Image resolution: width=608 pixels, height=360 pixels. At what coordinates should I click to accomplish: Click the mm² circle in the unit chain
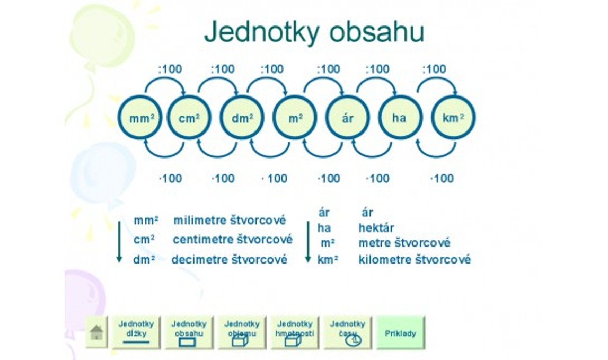pyautogui.click(x=140, y=117)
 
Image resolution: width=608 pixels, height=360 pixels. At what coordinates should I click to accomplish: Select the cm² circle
pyautogui.click(x=189, y=117)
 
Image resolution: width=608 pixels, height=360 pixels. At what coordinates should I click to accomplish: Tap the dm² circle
pyautogui.click(x=242, y=117)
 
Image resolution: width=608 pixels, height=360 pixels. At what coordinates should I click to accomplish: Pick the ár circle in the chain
pyautogui.click(x=347, y=117)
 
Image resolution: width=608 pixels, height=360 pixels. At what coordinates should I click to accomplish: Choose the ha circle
pyautogui.click(x=400, y=117)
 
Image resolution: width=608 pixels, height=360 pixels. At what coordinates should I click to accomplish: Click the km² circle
pyautogui.click(x=453, y=117)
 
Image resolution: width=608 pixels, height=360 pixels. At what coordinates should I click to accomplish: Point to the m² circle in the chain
pyautogui.click(x=295, y=117)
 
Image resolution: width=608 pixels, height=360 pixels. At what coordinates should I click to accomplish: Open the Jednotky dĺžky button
pyautogui.click(x=136, y=332)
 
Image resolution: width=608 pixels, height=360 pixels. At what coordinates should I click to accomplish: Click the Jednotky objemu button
pyautogui.click(x=242, y=332)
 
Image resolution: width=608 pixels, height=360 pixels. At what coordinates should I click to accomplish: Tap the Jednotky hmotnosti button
pyautogui.click(x=295, y=332)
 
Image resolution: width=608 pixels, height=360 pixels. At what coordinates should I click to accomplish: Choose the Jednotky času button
pyautogui.click(x=347, y=332)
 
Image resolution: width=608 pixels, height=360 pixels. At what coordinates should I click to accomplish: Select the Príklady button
pyautogui.click(x=401, y=332)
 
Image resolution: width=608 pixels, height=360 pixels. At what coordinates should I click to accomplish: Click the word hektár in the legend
pyautogui.click(x=376, y=227)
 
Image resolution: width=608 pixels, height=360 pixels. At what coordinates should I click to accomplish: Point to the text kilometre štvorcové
pyautogui.click(x=415, y=259)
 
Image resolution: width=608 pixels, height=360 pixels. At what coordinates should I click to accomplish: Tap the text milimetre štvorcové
pyautogui.click(x=230, y=221)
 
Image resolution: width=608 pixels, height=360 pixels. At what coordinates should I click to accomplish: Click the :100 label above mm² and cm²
pyautogui.click(x=170, y=69)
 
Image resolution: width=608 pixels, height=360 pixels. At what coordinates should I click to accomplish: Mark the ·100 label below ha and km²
pyautogui.click(x=442, y=179)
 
